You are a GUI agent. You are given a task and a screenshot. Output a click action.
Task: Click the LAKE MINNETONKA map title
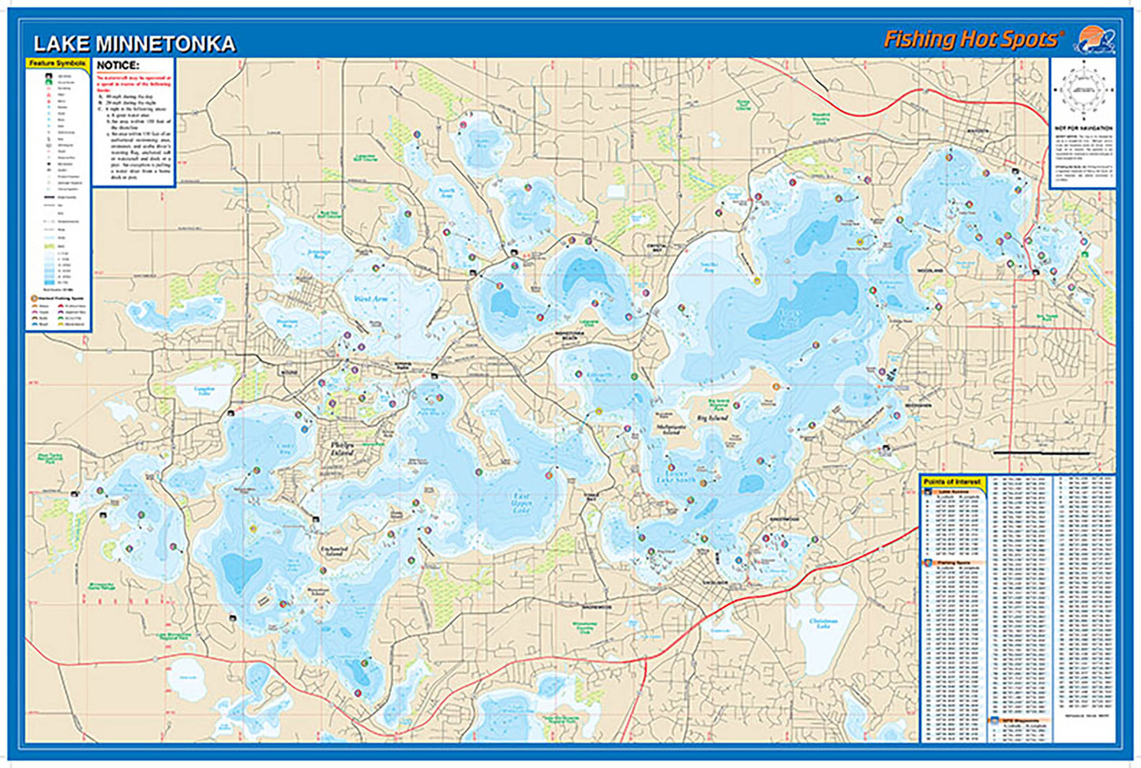134,44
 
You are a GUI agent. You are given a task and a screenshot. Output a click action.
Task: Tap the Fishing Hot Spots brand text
974,39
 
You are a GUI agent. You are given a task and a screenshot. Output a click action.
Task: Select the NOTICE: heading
118,66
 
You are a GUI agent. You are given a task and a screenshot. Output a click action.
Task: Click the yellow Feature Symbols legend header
57,63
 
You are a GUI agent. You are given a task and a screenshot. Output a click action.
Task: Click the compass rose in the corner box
1083,91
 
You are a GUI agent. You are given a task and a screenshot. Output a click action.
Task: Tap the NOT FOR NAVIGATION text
1083,127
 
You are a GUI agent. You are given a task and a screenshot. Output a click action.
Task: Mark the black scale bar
1041,453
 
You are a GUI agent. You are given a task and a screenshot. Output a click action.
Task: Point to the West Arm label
371,299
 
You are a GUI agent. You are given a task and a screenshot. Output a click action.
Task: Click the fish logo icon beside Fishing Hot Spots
1093,39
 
